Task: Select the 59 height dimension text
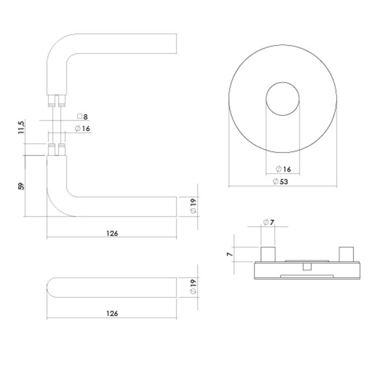tap(22, 186)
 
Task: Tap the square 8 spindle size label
tap(82, 116)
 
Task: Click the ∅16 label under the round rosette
tap(283, 169)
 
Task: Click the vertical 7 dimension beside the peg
tap(229, 255)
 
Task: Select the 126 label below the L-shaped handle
tap(112, 233)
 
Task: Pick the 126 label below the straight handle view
tap(112, 314)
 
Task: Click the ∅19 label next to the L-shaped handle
tap(193, 206)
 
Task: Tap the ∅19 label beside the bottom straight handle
tap(193, 287)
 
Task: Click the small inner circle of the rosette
tap(283, 99)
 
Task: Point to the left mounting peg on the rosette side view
tap(267, 254)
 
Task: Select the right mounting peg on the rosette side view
tap(348, 254)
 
